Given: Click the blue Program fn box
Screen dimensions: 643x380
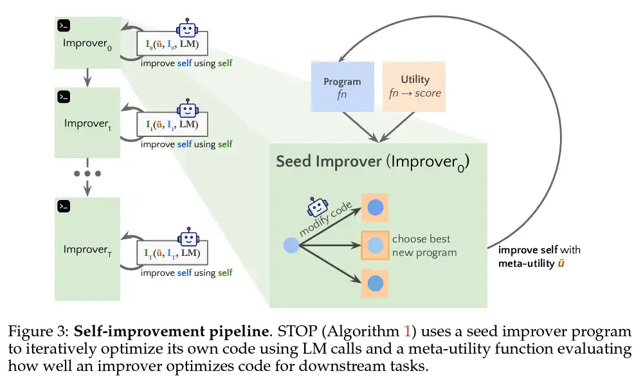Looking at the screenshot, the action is point(343,87).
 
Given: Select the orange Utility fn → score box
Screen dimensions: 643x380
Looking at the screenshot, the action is point(414,87).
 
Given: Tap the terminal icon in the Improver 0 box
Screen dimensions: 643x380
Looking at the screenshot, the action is point(64,26).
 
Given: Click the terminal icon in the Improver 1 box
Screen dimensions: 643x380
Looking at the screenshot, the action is point(64,96).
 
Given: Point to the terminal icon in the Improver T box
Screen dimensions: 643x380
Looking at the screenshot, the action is point(64,206).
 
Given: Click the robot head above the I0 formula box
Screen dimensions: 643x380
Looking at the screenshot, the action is point(187,28).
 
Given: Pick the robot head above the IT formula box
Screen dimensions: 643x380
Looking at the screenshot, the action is point(188,237).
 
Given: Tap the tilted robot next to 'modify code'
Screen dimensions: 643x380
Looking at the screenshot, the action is point(318,207).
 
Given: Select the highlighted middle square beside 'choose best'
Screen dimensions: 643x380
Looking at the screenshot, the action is point(375,245).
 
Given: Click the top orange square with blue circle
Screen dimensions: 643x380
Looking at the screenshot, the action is point(375,208).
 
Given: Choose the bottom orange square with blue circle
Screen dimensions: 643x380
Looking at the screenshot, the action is point(375,284).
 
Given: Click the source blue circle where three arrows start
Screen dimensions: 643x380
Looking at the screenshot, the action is point(291,246).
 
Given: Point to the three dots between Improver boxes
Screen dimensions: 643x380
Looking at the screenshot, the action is point(87,174).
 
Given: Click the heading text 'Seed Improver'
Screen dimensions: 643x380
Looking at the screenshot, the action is point(329,161).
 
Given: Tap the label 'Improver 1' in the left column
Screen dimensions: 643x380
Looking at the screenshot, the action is point(87,124).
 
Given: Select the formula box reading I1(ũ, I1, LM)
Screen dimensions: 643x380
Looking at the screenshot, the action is point(172,124).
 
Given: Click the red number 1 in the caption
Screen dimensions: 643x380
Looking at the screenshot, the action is point(407,331).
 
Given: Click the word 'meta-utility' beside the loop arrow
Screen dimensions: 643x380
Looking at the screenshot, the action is point(526,263).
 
